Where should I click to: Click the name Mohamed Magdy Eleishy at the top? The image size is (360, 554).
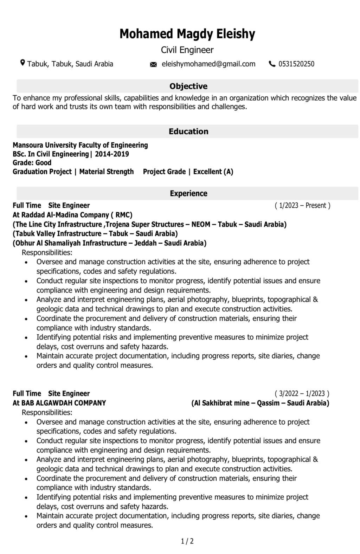coord(187,34)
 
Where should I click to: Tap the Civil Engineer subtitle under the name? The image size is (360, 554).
coord(187,50)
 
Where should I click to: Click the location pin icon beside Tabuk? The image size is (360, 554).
coord(22,63)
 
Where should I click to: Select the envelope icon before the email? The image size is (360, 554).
coord(153,64)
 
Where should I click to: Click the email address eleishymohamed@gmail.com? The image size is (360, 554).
coord(208,64)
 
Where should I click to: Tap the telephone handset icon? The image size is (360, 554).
coord(272,64)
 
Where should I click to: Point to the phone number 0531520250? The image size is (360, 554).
coord(296,64)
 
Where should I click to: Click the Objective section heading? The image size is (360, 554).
coord(188,86)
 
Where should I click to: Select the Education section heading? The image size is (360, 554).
coord(188,131)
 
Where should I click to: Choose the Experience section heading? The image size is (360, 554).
coord(188,193)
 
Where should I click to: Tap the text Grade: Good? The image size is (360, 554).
coord(32,163)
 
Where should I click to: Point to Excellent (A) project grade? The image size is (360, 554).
coord(213,172)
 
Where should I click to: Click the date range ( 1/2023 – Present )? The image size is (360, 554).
coord(302,205)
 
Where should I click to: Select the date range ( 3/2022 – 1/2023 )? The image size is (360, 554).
coord(302,393)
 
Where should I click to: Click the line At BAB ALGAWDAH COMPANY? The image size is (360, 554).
coord(59,403)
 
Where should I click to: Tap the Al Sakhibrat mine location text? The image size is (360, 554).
coord(260,403)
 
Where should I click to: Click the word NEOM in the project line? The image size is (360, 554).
coord(201,224)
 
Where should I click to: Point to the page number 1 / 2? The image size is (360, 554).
coord(187,541)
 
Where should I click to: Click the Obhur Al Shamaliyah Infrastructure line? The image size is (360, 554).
coord(109,243)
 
